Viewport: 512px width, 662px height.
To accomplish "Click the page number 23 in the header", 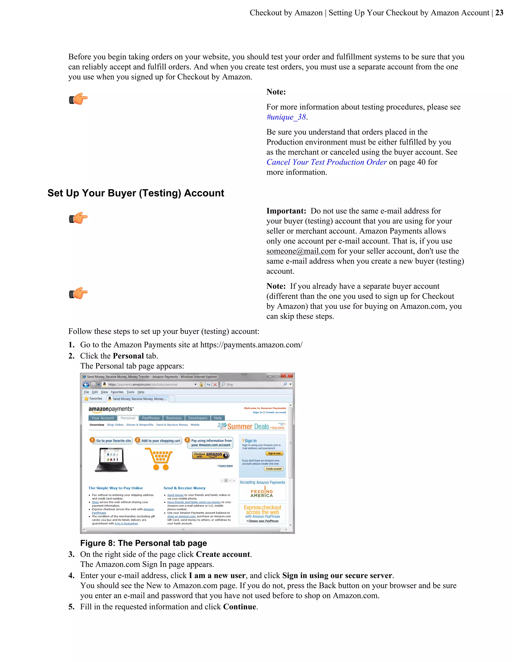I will click(499, 13).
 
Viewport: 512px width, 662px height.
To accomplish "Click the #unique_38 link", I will click(286, 117).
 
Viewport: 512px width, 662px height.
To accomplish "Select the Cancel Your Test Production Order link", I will click(326, 162).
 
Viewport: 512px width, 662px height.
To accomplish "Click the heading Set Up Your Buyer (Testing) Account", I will click(135, 193).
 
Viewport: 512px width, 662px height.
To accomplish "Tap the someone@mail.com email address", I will click(300, 251).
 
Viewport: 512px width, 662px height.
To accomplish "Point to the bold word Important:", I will click(286, 211).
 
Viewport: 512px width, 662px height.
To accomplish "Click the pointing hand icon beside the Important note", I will click(78, 218).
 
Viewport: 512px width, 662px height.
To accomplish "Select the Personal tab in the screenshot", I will click(128, 418).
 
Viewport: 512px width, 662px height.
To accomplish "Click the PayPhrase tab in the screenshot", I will click(150, 418).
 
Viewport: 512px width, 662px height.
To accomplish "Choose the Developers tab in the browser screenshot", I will click(197, 418).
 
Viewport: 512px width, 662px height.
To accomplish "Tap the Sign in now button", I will click(274, 453).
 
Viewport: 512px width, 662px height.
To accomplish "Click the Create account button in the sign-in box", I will click(273, 469).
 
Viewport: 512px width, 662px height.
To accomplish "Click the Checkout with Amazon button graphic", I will click(210, 455).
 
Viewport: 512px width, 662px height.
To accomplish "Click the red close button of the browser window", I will click(287, 376).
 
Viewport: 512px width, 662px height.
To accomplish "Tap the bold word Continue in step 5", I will click(239, 607).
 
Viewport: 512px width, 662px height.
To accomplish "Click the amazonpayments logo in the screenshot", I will click(111, 409).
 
